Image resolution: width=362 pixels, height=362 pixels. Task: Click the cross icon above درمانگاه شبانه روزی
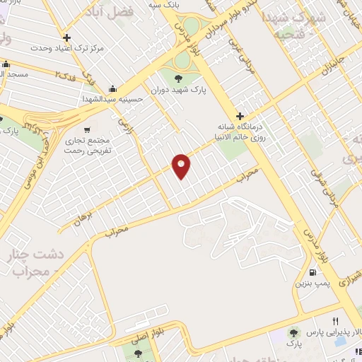(x=240, y=116)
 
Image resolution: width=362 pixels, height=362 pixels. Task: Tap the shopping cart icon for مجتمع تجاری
(x=86, y=129)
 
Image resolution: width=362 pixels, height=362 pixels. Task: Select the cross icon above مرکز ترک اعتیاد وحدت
(x=66, y=38)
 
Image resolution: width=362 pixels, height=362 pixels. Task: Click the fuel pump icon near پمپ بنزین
(x=311, y=272)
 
